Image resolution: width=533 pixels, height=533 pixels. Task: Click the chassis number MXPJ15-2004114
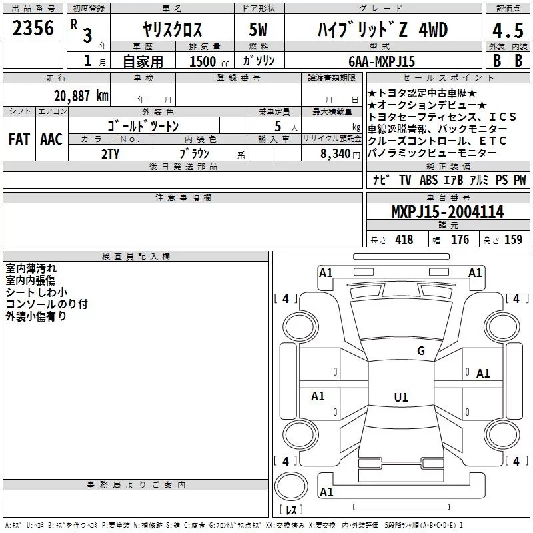click(x=447, y=213)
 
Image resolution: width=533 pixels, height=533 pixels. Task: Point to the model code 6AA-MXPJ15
click(x=381, y=61)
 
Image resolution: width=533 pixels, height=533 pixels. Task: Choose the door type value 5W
click(x=259, y=31)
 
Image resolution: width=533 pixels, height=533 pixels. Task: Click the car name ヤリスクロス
click(x=173, y=31)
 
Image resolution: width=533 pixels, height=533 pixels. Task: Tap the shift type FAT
click(x=19, y=139)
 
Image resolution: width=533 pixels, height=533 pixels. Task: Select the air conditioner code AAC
click(x=51, y=139)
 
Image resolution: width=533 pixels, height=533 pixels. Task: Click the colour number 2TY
click(x=110, y=153)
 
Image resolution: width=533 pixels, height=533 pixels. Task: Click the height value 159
click(x=513, y=240)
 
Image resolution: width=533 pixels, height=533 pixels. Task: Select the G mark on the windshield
click(x=420, y=351)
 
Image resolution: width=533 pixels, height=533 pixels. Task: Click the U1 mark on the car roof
click(x=400, y=398)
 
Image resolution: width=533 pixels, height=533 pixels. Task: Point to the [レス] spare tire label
click(x=290, y=510)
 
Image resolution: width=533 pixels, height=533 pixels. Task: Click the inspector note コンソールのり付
click(x=47, y=304)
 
